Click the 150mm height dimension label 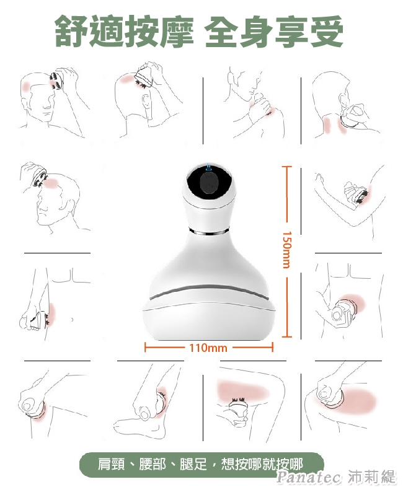286,250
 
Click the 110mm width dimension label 208,348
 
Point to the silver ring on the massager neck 209,231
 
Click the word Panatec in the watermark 309,476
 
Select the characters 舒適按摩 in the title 124,32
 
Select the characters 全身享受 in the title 274,32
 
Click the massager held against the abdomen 341,311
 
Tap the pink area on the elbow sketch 365,195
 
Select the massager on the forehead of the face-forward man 57,80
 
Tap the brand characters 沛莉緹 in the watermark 371,476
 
